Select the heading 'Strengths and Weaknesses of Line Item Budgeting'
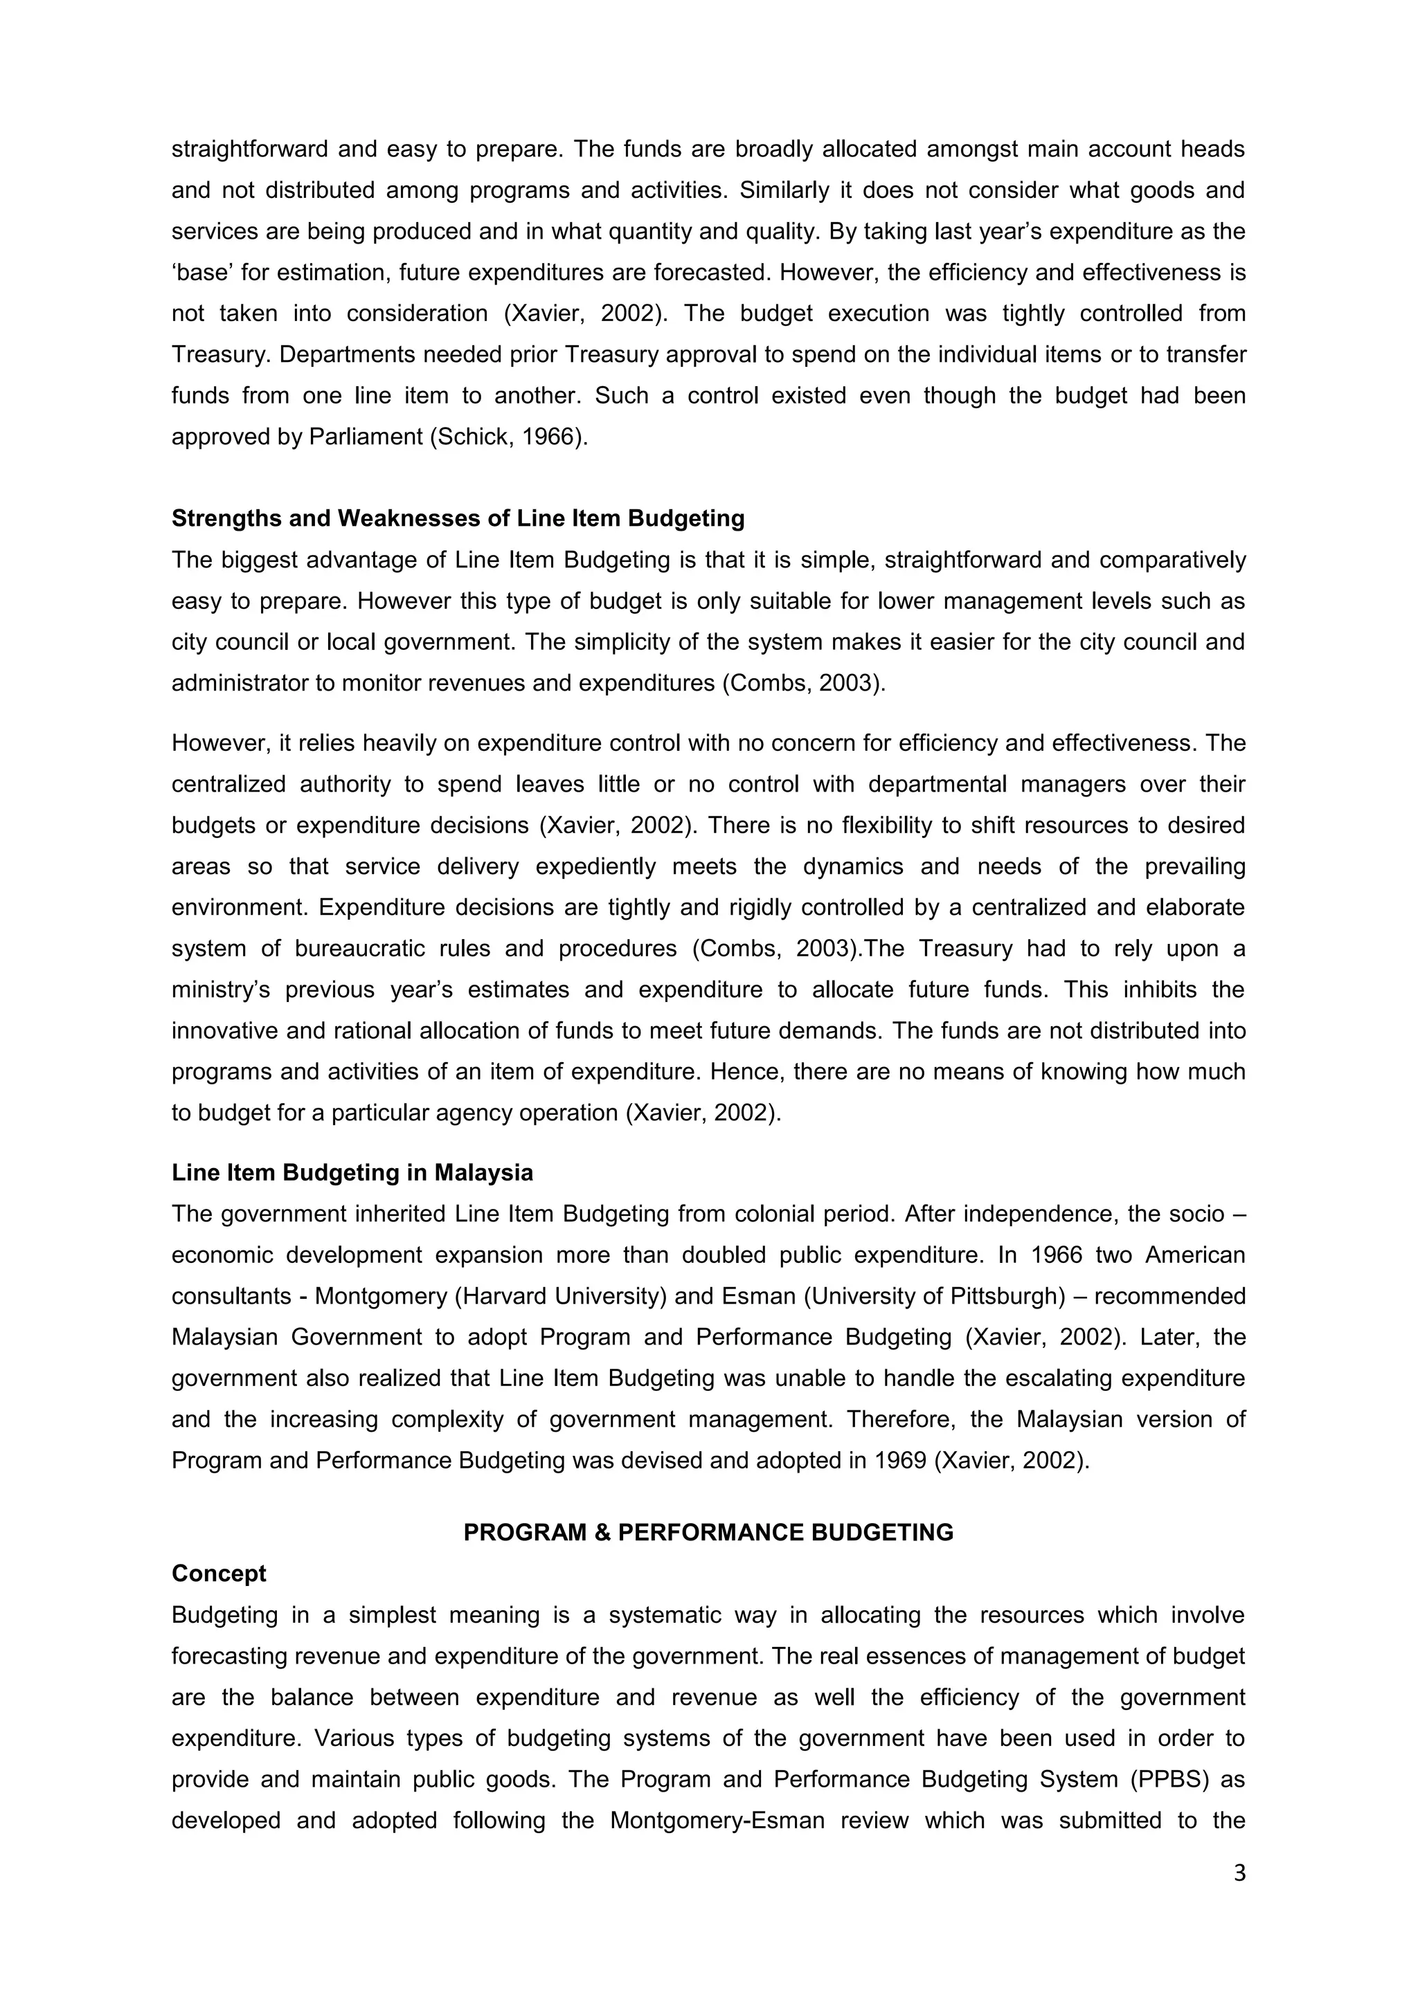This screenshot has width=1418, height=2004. (x=458, y=518)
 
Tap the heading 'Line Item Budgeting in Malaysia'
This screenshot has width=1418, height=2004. (x=352, y=1172)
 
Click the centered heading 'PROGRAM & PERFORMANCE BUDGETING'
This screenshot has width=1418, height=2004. (x=708, y=1533)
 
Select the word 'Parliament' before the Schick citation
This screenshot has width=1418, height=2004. (x=365, y=437)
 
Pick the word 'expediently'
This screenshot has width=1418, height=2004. (x=595, y=866)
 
